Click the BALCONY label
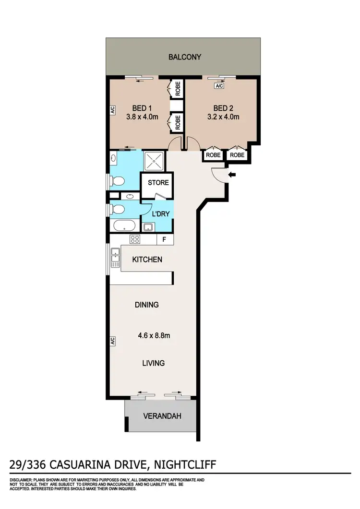[x=185, y=57]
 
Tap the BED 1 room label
[x=142, y=108]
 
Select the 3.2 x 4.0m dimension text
[x=223, y=117]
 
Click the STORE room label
[x=157, y=183]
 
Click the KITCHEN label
[x=147, y=260]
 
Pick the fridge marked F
[x=165, y=239]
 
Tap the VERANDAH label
[x=162, y=416]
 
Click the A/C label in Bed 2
[x=219, y=86]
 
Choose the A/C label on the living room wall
[x=112, y=341]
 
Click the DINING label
[x=146, y=305]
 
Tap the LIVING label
[x=153, y=363]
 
